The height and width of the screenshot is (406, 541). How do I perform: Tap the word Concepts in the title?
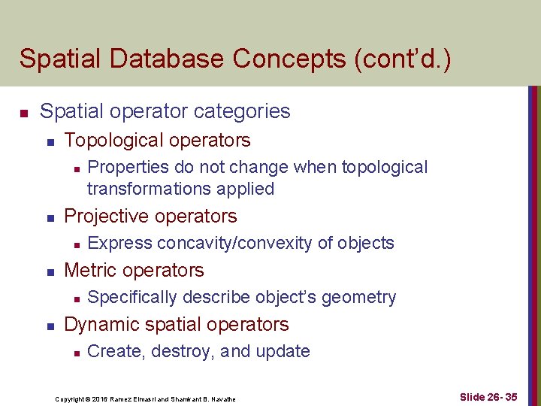click(267, 59)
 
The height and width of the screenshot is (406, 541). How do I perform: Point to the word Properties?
click(128, 167)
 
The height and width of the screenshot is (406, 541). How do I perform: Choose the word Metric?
click(90, 270)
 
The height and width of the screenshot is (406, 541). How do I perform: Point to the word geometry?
click(358, 297)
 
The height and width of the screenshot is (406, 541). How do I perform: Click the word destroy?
click(183, 351)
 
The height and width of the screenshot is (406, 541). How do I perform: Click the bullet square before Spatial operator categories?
click(24, 113)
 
